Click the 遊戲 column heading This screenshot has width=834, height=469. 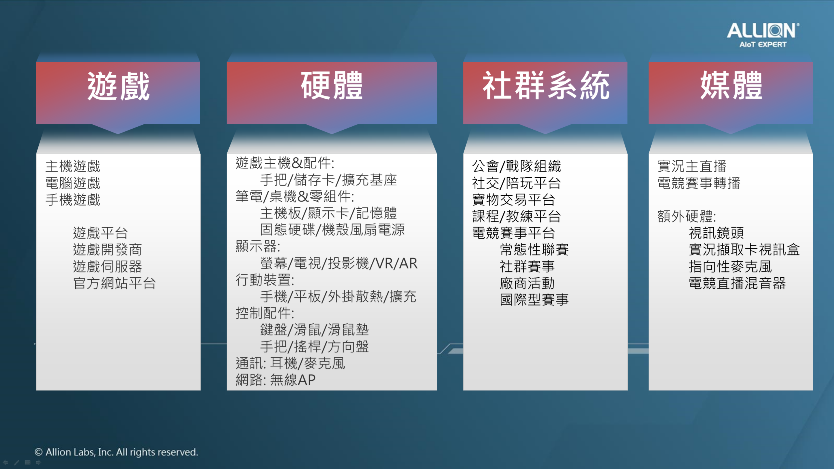(x=119, y=86)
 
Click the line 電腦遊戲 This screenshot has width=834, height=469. (x=73, y=183)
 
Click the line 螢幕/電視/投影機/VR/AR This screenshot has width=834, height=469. (x=339, y=263)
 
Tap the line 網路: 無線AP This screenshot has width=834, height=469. (x=276, y=380)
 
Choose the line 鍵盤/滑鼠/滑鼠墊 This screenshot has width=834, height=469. (x=314, y=330)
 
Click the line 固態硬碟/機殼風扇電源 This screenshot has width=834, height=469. (x=332, y=230)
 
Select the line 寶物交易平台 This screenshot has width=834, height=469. (x=513, y=200)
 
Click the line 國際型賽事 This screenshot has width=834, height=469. (x=534, y=300)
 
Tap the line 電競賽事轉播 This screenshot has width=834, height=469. (x=699, y=183)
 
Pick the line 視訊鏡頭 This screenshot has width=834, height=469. (x=716, y=233)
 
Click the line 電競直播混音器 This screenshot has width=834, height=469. (x=737, y=283)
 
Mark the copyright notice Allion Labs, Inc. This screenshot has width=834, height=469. (x=116, y=452)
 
